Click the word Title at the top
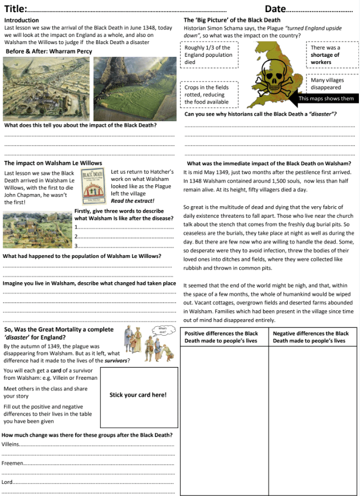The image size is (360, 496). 15,9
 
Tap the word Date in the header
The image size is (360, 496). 275,9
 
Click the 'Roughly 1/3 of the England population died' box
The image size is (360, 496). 211,55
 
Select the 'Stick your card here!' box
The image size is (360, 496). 138,395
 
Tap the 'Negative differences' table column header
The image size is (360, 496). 313,337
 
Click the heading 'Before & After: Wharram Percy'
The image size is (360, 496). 49,51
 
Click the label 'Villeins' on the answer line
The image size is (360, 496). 10,444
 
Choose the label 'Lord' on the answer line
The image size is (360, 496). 7,482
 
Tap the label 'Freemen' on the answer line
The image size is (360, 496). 12,463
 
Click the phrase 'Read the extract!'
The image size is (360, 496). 133,201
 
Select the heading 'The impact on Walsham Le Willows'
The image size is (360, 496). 53,163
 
